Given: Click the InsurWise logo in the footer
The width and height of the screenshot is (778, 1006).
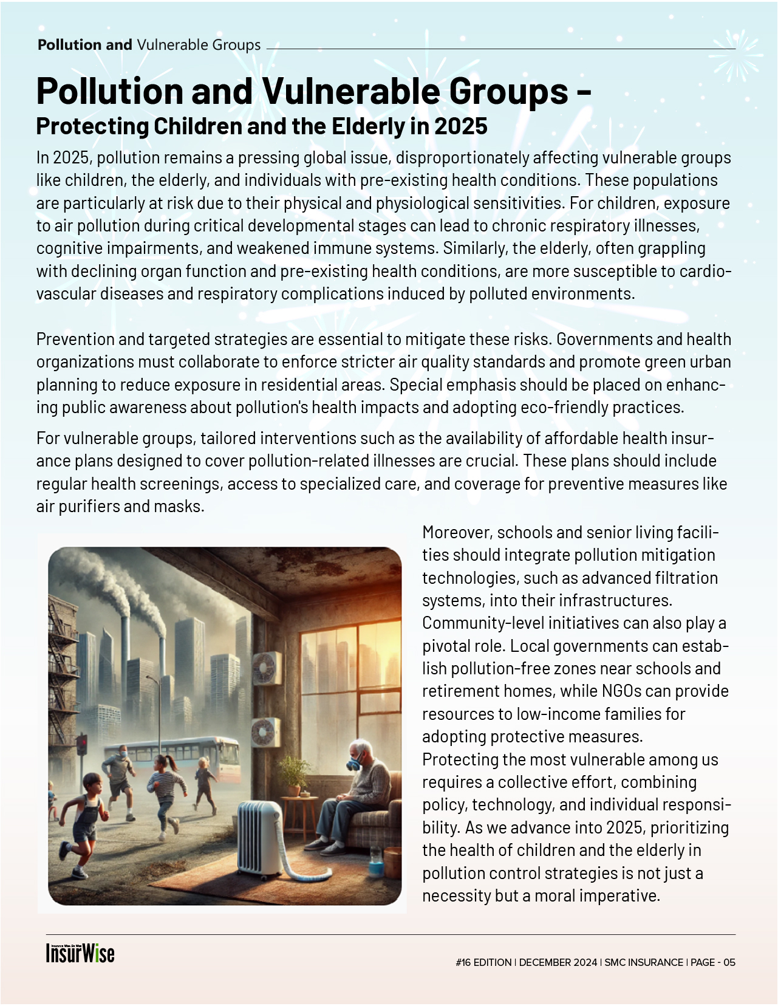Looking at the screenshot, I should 80,953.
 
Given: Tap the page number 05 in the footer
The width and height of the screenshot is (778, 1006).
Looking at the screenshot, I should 729,962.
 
